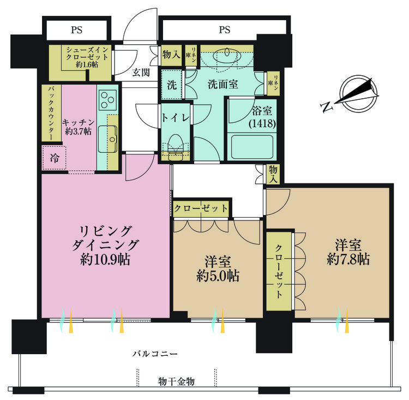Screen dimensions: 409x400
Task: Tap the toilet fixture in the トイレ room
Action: (175, 147)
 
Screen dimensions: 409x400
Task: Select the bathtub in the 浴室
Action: (252, 147)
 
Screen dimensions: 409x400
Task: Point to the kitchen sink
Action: (108, 139)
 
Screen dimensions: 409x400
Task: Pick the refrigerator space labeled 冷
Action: (54, 158)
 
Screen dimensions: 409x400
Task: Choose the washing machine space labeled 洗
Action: (171, 85)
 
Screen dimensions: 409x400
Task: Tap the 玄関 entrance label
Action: (141, 73)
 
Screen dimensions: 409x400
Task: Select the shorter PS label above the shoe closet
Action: (77, 30)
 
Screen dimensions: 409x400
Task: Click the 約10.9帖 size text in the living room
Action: (105, 260)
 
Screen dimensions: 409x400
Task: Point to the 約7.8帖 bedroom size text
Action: (348, 260)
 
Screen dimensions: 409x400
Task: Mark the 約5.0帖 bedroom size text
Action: (218, 276)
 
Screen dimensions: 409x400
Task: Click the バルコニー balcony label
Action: (155, 354)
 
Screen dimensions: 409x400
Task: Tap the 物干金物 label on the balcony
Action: (176, 382)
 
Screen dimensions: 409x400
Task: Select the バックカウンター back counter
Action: (51, 113)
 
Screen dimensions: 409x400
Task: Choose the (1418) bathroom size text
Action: (262, 123)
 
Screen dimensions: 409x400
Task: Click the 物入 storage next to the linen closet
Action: (171, 55)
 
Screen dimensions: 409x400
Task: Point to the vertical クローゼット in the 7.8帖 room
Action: (279, 272)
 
